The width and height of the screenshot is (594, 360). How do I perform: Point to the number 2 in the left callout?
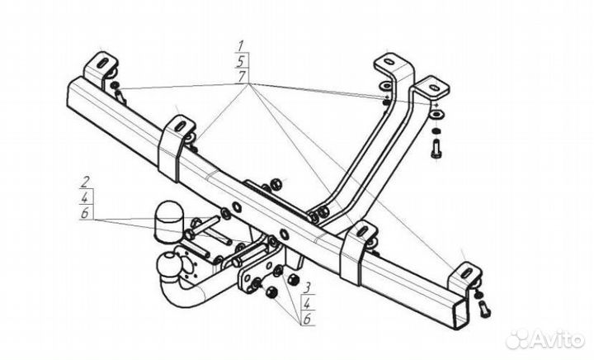click(x=85, y=180)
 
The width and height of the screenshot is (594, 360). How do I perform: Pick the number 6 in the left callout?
click(x=85, y=212)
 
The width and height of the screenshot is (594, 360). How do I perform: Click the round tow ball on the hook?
click(x=165, y=265)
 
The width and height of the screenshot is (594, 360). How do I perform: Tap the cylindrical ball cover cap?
click(x=167, y=216)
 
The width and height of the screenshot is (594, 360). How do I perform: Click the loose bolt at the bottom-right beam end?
click(x=484, y=307)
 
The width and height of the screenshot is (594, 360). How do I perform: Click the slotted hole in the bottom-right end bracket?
click(x=466, y=270)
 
